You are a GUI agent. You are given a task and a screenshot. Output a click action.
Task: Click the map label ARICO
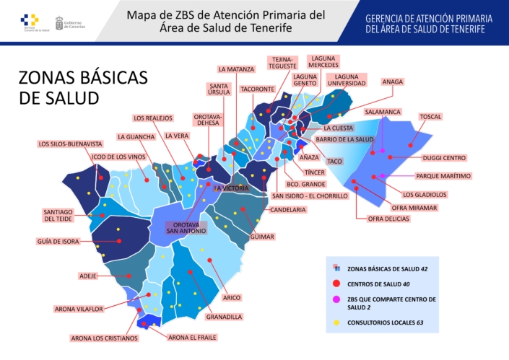pos(231,297)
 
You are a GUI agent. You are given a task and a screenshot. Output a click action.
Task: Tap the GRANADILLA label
pos(224,316)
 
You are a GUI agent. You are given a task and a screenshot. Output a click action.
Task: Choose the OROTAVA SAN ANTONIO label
pos(186,227)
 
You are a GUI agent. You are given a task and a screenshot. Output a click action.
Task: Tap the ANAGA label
pos(393,82)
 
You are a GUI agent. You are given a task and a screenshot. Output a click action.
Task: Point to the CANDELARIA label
pos(288,210)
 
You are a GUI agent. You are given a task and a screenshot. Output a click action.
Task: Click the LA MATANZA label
pos(236,69)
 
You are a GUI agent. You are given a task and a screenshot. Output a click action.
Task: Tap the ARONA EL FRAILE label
pos(191,337)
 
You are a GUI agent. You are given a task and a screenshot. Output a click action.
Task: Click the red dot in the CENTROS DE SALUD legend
pos(336,284)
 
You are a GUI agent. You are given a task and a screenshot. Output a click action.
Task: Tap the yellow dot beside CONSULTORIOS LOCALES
pos(336,322)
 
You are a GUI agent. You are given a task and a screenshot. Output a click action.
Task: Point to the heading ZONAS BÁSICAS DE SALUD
pos(82,87)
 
